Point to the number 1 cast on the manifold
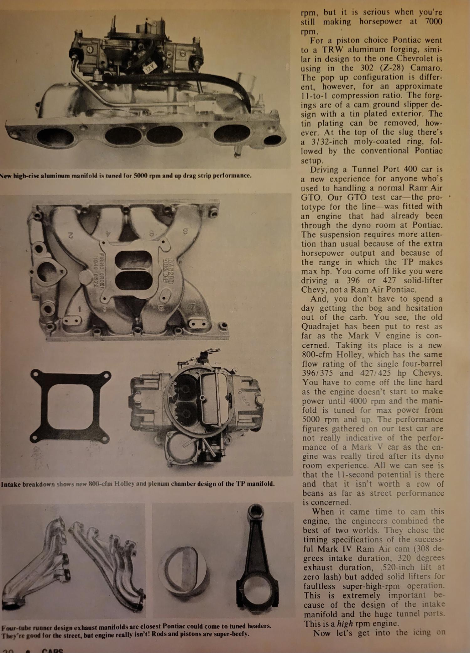coord(80,309)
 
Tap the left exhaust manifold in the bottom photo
coord(34,564)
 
